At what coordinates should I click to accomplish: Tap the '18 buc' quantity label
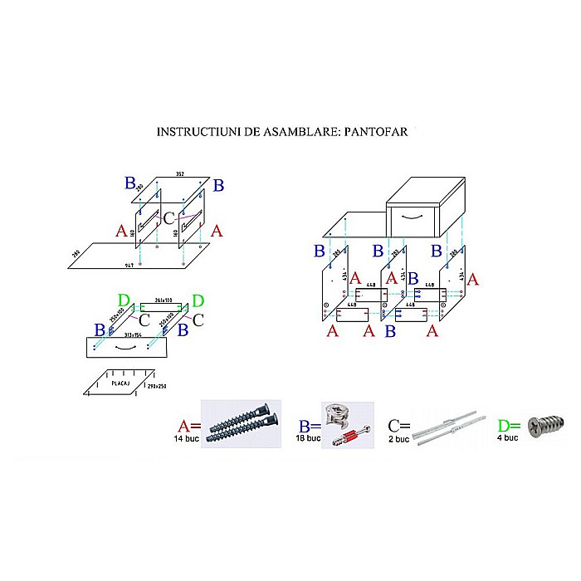pyautogui.click(x=307, y=437)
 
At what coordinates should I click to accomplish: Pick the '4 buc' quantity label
pyautogui.click(x=507, y=437)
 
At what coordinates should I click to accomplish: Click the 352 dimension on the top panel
pyautogui.click(x=178, y=174)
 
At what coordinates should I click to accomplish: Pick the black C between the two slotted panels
pyautogui.click(x=168, y=219)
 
